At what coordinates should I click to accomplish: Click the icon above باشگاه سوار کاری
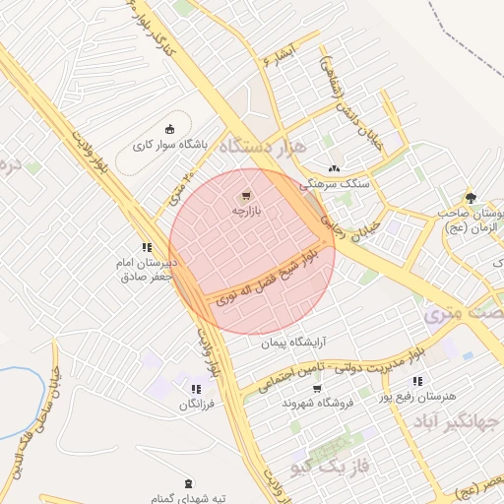[168, 128]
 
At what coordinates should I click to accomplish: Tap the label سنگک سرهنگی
[335, 183]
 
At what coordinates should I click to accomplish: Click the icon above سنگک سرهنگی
[335, 168]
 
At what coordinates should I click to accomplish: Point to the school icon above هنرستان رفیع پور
[417, 381]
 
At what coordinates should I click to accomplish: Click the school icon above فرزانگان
[196, 390]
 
